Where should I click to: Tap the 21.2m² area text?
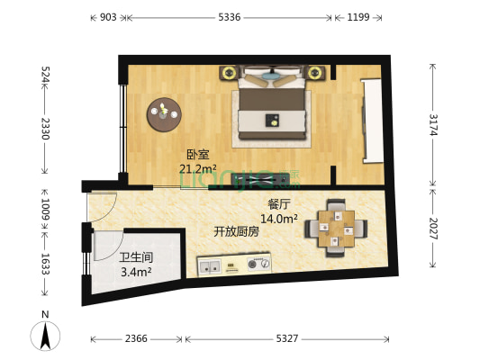click(x=197, y=168)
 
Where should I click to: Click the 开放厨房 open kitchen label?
click(x=236, y=231)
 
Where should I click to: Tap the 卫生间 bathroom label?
click(x=135, y=257)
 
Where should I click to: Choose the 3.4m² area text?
click(x=136, y=271)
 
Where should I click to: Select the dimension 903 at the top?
click(x=107, y=17)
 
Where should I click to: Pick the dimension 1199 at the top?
click(x=358, y=17)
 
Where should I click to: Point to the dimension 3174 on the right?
click(x=434, y=124)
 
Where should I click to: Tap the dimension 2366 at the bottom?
click(x=136, y=338)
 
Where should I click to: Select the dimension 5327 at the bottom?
click(x=286, y=338)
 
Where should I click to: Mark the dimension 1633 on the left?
click(x=44, y=263)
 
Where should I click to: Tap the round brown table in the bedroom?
click(x=164, y=112)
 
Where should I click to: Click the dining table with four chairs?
click(x=336, y=228)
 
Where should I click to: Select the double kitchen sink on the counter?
click(x=212, y=265)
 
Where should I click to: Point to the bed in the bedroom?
click(x=273, y=106)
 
